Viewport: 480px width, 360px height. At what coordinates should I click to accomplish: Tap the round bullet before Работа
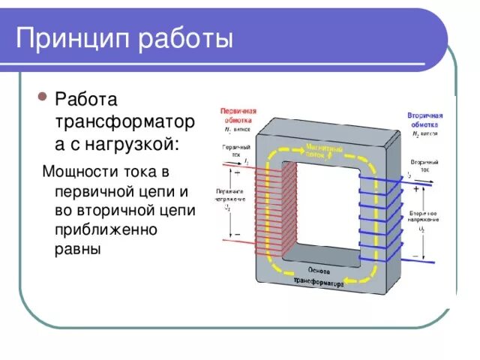coord(43,98)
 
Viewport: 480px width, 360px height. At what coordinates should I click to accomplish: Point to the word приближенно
coord(105,229)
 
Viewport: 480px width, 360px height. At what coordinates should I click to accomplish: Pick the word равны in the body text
coord(77,248)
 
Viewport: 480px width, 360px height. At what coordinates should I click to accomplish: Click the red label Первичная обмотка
coord(238,115)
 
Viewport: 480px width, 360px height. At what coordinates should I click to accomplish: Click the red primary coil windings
coord(274,207)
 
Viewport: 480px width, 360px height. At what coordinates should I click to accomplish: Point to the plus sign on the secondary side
coord(415,190)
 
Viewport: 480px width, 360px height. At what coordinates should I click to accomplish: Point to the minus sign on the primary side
coord(238,235)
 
